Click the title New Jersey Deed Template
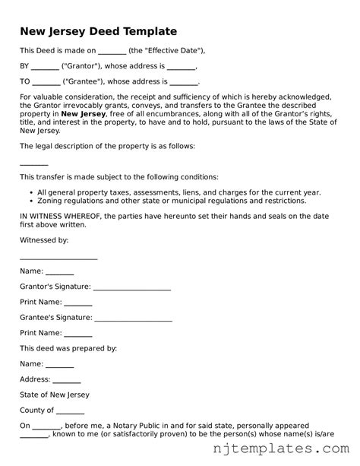point(98,31)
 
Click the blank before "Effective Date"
point(112,51)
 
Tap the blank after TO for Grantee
point(46,82)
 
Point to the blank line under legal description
point(33,164)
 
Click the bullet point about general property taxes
point(178,192)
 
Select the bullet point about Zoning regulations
point(171,201)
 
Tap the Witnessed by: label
point(44,239)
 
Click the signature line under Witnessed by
point(58,258)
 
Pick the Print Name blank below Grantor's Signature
point(78,303)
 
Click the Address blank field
point(67,380)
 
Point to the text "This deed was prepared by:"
point(68,348)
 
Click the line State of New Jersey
point(54,395)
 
